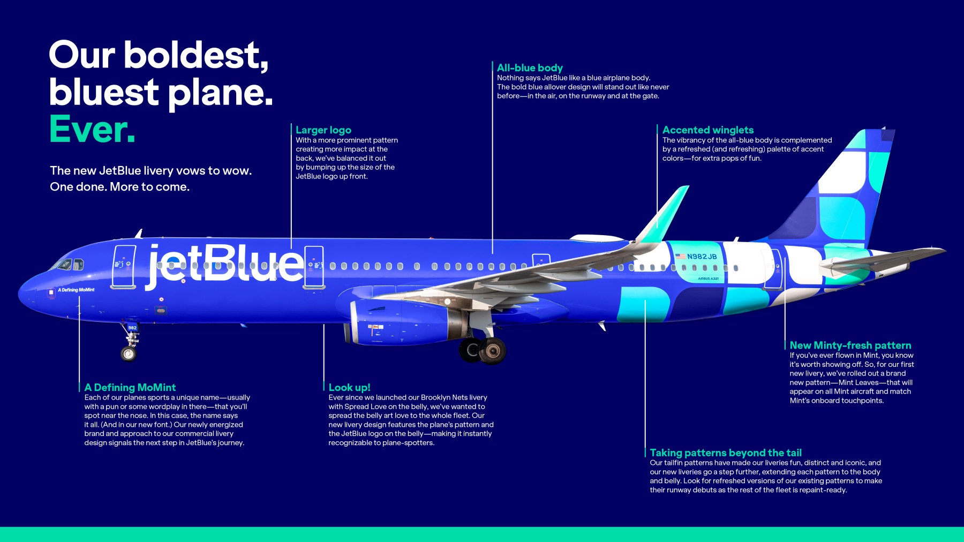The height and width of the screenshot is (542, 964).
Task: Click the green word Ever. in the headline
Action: pos(92,130)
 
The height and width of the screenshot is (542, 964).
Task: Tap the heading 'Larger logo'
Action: pos(323,130)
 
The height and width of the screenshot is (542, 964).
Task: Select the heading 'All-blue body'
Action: pos(530,68)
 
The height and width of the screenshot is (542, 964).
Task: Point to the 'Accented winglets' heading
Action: pos(707,130)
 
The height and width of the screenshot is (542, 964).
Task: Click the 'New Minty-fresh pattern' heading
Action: pos(850,345)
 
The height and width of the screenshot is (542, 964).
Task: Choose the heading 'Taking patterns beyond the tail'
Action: pos(725,453)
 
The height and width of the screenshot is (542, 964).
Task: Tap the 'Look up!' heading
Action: pos(349,387)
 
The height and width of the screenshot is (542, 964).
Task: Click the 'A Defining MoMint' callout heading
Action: pos(130,387)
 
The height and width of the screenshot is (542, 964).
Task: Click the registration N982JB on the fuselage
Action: pos(702,257)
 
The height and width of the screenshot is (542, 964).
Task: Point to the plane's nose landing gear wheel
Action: pos(129,353)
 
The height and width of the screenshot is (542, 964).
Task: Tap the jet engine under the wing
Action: pos(402,321)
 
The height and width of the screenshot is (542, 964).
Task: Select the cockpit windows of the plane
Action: pos(71,264)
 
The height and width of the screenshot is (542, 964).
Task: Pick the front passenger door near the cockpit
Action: pos(124,266)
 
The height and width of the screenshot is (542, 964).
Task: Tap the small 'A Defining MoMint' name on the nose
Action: pos(76,290)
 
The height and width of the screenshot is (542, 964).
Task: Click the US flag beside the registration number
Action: pos(680,257)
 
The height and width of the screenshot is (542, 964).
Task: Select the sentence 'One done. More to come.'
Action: pos(119,187)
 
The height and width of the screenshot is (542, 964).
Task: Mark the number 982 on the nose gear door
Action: pos(132,328)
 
